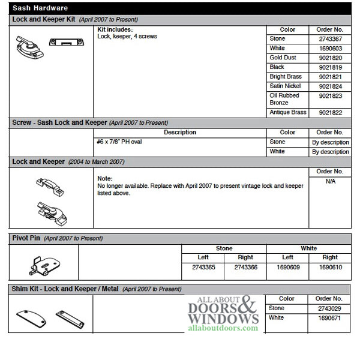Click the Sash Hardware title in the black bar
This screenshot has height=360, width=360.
point(40,8)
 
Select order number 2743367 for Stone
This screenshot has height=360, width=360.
point(329,38)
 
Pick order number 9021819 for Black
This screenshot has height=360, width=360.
point(329,67)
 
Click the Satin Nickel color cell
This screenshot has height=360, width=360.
point(286,86)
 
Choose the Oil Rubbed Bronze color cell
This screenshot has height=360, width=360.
point(284,99)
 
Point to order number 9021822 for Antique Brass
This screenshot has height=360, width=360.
point(329,113)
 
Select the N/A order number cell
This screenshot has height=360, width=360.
point(329,181)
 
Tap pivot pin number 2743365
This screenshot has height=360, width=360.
point(202,267)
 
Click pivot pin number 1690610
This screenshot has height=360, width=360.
point(329,267)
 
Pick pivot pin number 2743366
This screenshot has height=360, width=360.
point(245,267)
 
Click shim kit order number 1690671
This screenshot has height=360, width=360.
point(329,318)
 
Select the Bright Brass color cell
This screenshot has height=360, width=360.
point(286,77)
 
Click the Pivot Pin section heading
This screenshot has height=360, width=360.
point(26,238)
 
